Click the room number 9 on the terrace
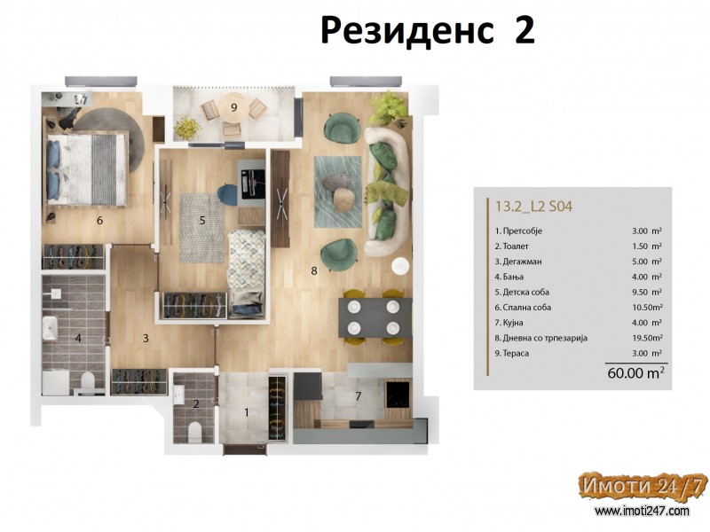(x=233, y=107)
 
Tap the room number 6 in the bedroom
(x=99, y=220)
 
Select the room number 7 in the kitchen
(x=359, y=396)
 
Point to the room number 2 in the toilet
(x=196, y=404)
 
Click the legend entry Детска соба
(x=522, y=292)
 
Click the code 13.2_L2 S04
(x=533, y=207)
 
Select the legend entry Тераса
(x=512, y=353)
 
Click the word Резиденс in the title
(x=406, y=32)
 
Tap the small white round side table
(x=401, y=265)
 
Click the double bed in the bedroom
(x=86, y=169)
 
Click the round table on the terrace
(x=233, y=108)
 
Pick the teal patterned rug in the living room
(x=338, y=192)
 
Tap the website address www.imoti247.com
(x=642, y=512)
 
